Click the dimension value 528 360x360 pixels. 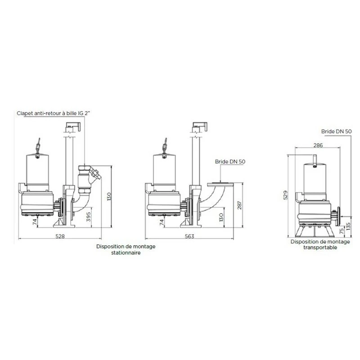60,236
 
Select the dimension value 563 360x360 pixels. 189,236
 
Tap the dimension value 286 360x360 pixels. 318,145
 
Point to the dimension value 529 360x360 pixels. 285,195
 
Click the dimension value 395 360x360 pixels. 89,217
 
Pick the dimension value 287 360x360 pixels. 239,205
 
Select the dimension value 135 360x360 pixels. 348,226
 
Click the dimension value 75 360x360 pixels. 342,230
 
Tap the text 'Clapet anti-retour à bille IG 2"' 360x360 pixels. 53,113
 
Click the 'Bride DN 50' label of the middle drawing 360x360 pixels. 230,162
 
